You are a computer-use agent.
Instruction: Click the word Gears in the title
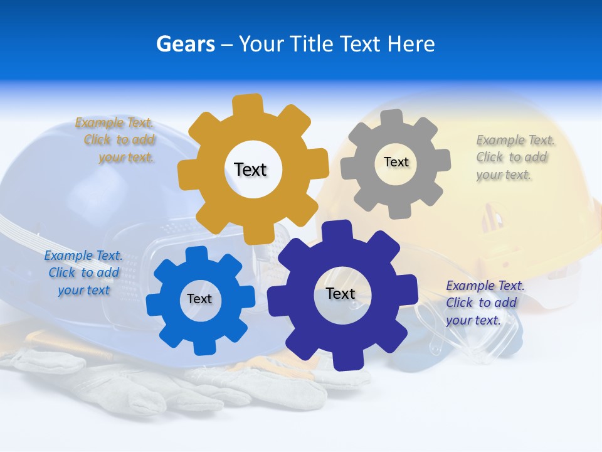click(185, 44)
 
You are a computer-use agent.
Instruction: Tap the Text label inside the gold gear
click(250, 169)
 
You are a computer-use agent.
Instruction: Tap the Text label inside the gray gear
click(396, 162)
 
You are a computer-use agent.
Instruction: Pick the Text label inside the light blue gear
click(199, 299)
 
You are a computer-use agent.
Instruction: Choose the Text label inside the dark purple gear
click(341, 293)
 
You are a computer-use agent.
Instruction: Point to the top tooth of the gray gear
click(392, 118)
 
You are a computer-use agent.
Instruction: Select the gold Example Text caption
click(116, 140)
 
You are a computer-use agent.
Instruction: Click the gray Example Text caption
click(514, 157)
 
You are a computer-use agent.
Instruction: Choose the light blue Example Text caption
click(83, 272)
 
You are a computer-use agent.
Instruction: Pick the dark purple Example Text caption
click(484, 303)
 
